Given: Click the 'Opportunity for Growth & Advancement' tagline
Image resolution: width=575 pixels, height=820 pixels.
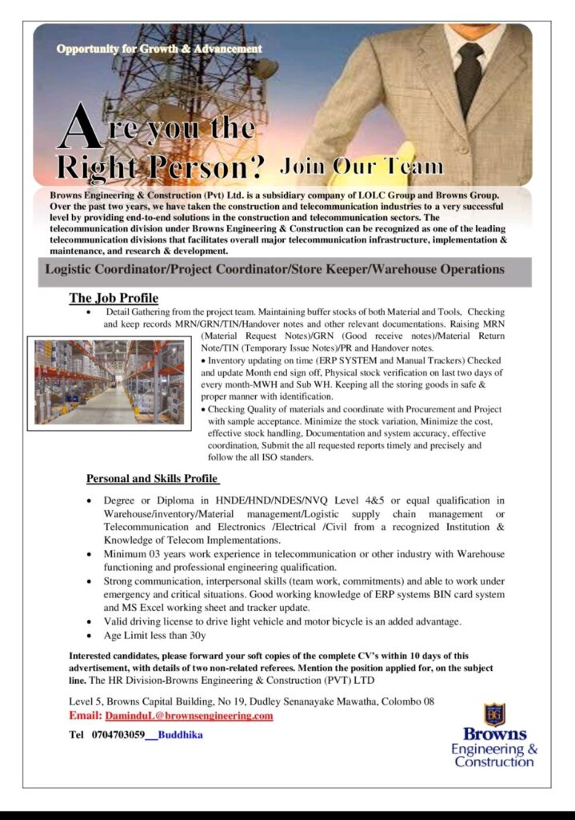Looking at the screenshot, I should point(159,50).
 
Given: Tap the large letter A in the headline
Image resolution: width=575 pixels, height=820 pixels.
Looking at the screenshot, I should point(80,129).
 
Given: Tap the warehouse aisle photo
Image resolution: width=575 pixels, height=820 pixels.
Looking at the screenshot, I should point(110,381).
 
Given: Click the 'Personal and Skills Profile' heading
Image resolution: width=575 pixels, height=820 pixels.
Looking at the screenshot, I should point(153,479).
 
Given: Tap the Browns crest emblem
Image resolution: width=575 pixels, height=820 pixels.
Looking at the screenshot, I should point(493,714).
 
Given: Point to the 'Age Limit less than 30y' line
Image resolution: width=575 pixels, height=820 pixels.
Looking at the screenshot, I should point(154,637).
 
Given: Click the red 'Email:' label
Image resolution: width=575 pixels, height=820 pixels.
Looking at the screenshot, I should point(86,716).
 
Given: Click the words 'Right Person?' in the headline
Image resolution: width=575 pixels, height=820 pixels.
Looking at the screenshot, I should point(160,168).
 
